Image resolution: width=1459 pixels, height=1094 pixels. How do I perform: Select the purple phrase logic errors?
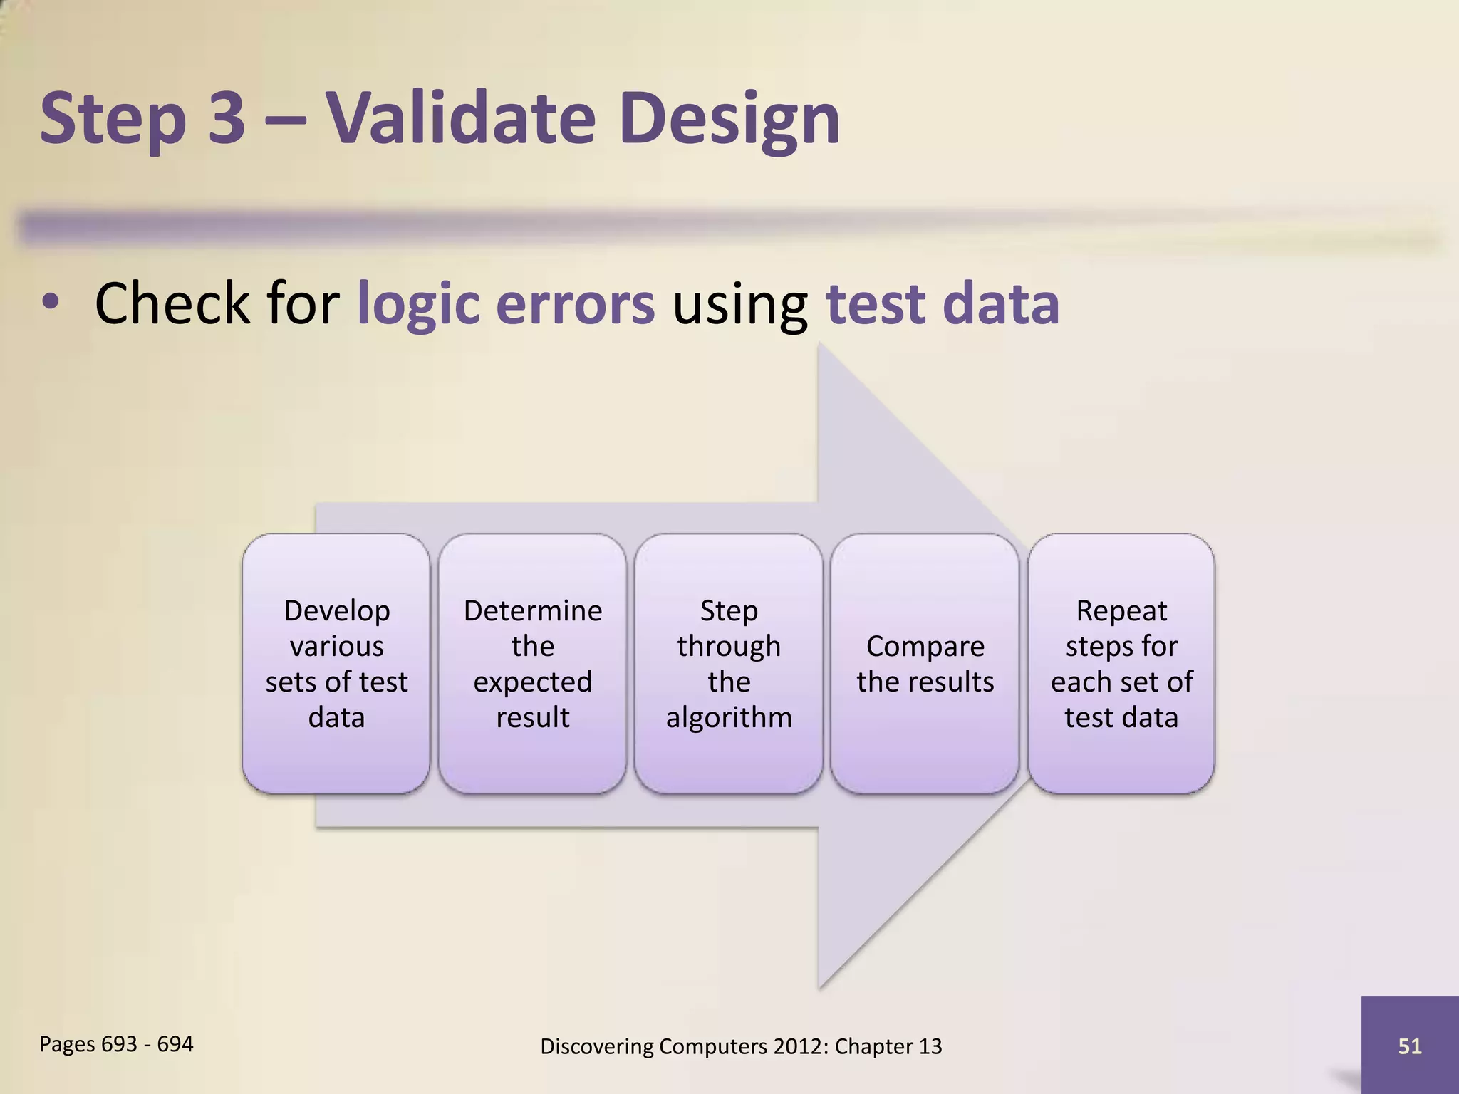click(505, 304)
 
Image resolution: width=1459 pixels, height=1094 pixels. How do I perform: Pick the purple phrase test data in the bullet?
click(942, 304)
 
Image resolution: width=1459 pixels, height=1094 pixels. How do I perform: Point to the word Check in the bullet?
click(172, 304)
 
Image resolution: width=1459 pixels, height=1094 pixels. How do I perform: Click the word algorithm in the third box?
click(729, 718)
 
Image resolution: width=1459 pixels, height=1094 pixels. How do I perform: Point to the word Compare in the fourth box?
click(925, 646)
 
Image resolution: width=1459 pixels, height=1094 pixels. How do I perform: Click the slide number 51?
click(1409, 1046)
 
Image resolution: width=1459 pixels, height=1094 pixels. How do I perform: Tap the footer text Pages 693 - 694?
click(116, 1044)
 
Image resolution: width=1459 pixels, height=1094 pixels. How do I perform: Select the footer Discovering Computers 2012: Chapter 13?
click(741, 1046)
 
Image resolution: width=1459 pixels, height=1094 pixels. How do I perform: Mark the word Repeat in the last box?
click(1121, 610)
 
